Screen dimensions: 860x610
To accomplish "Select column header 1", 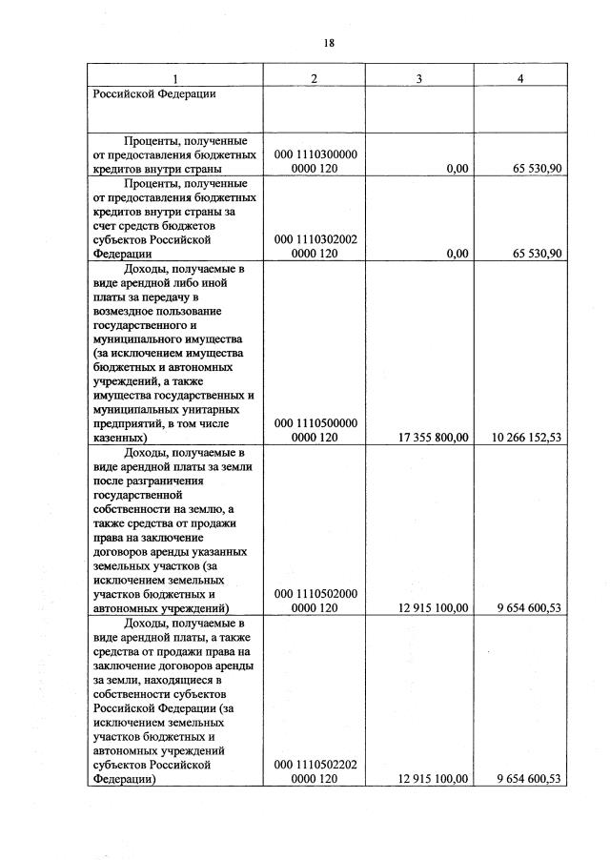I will point(174,77).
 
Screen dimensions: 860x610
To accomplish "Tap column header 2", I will point(315,77).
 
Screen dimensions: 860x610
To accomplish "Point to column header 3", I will point(419,77).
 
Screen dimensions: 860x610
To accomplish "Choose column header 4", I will point(519,77).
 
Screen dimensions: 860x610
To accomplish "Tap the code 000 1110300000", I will point(315,154).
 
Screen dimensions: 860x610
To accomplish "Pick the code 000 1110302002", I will point(315,239).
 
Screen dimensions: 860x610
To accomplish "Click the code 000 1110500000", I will point(315,423).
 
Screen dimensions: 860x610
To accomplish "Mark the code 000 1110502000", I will point(315,593).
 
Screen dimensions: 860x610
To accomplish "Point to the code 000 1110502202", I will point(315,764).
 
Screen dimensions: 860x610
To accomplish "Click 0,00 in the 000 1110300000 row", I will point(457,169).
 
